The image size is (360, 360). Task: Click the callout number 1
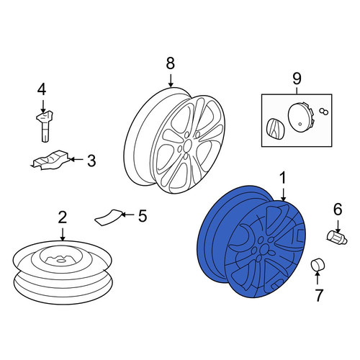click(283, 179)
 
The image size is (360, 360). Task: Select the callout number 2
click(62, 218)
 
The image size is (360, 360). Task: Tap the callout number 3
click(91, 160)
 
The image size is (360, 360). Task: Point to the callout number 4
click(42, 89)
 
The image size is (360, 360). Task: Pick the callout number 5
click(143, 216)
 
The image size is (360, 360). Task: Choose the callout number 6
click(338, 209)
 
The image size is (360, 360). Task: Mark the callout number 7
click(319, 295)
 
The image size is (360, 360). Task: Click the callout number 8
click(170, 63)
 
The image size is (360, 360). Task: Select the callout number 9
click(297, 78)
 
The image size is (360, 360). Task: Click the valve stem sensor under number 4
click(45, 125)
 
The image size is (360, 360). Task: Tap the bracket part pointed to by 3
click(50, 160)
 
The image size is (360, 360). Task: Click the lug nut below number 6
click(337, 237)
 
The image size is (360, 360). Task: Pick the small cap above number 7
click(318, 264)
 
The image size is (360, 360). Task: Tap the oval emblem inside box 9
click(274, 129)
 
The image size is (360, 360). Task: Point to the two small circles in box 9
click(323, 111)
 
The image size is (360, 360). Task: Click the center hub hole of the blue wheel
click(264, 249)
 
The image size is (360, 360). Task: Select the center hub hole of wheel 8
click(187, 145)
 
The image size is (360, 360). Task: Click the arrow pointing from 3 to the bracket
click(76, 159)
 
